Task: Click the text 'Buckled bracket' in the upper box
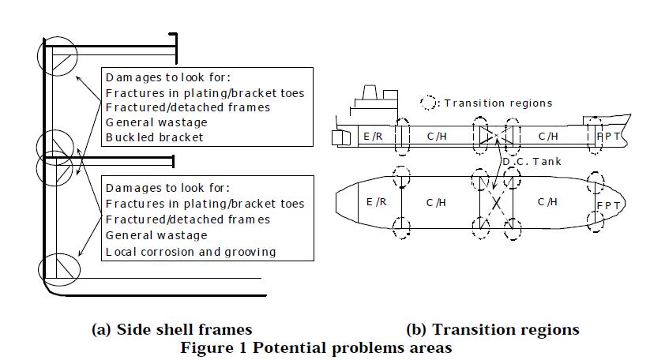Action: pos(154,137)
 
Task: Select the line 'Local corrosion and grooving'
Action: pos(190,251)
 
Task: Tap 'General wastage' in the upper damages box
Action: pos(156,122)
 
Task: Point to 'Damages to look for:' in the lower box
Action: pos(167,188)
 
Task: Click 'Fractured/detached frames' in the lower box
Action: pos(187,219)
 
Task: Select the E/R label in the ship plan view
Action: pos(378,203)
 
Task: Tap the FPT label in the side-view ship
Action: pos(608,136)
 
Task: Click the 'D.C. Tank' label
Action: pos(528,162)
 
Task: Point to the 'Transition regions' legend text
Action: pos(498,103)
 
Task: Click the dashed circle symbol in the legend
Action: pos(429,103)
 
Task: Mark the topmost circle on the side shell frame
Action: pos(57,56)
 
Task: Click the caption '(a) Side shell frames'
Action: pos(172,329)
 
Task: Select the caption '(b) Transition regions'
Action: pos(492,329)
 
